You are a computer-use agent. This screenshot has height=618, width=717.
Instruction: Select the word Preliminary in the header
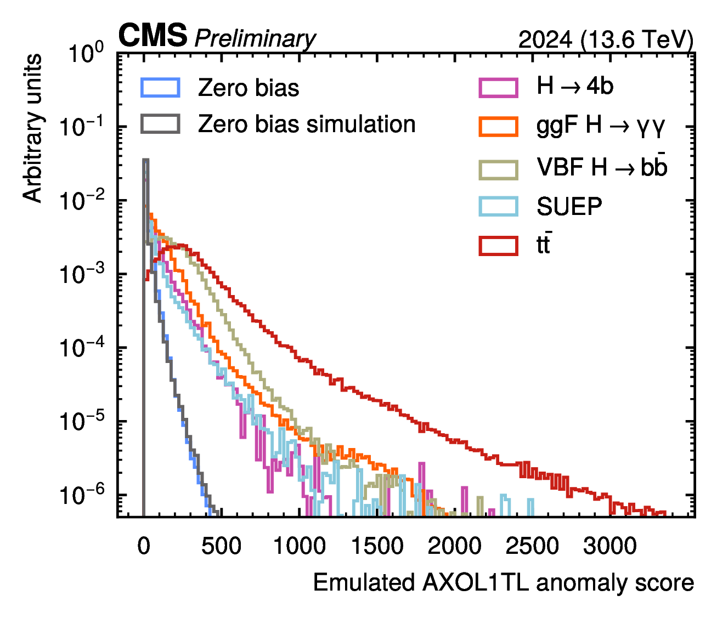pos(255,38)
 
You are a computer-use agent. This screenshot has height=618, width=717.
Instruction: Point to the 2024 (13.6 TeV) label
pos(606,39)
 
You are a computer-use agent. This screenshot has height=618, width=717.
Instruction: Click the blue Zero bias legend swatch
pos(160,88)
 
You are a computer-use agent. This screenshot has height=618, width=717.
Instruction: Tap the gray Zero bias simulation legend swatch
pos(160,124)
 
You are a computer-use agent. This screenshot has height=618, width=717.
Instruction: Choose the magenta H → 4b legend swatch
pos(499,88)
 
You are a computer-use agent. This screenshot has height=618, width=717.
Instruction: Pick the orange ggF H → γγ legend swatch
pos(499,127)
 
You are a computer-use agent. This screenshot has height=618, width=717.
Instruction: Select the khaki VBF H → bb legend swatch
pos(499,170)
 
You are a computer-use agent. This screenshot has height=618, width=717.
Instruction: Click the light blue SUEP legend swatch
pos(499,206)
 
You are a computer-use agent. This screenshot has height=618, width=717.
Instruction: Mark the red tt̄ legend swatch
pos(499,246)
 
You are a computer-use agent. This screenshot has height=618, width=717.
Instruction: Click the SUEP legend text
pos(569,207)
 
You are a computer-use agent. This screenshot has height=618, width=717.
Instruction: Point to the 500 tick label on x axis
pos(221,546)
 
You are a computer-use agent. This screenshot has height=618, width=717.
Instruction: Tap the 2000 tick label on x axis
pos(454,546)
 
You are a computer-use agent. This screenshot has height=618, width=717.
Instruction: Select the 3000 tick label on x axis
pos(610,546)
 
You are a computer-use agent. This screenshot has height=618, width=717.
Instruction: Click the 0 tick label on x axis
pos(144,546)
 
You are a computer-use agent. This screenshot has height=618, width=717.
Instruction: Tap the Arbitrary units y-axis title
pos(32,128)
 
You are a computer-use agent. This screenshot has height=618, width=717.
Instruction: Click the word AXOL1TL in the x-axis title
pos(476,582)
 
